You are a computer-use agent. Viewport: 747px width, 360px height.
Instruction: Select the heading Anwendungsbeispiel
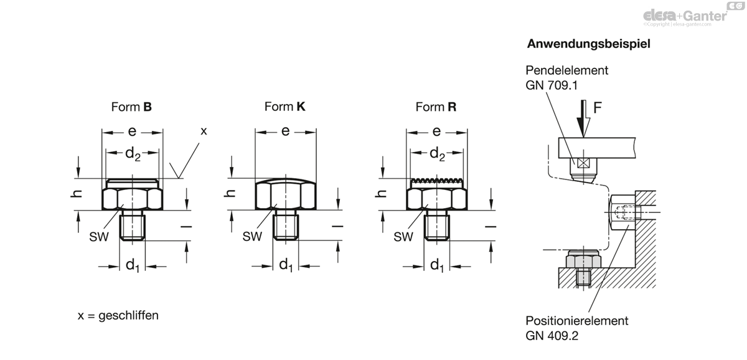pyautogui.click(x=589, y=44)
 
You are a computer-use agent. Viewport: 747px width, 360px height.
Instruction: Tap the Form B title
pyautogui.click(x=131, y=107)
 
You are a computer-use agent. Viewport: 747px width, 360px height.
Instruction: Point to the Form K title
pyautogui.click(x=285, y=107)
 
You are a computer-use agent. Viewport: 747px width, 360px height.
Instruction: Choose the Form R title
pyautogui.click(x=436, y=107)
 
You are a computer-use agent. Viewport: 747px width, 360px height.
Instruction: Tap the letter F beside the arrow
pyautogui.click(x=597, y=108)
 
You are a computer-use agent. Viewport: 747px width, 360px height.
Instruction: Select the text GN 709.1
pyautogui.click(x=552, y=85)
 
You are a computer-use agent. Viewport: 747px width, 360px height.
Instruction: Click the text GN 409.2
pyautogui.click(x=552, y=336)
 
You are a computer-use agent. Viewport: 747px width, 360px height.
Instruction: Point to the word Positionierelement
pyautogui.click(x=577, y=321)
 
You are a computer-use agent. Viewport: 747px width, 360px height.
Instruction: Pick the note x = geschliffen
pyautogui.click(x=118, y=315)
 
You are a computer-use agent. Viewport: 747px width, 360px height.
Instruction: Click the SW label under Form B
pyautogui.click(x=99, y=237)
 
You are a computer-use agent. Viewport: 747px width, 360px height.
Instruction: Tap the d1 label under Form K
pyautogui.click(x=286, y=265)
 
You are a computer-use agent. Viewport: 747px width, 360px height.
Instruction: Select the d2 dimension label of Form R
pyautogui.click(x=437, y=154)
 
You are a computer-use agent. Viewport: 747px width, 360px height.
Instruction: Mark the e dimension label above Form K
pyautogui.click(x=285, y=131)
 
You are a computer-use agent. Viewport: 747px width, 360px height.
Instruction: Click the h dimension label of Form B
pyautogui.click(x=77, y=194)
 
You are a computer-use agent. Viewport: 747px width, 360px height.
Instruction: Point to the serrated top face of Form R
pyautogui.click(x=437, y=181)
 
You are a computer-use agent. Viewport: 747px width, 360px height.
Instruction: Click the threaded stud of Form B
pyautogui.click(x=133, y=226)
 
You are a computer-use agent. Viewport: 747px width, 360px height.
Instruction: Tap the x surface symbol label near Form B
pyautogui.click(x=204, y=131)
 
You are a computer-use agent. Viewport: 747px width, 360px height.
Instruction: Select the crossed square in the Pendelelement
pyautogui.click(x=583, y=163)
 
